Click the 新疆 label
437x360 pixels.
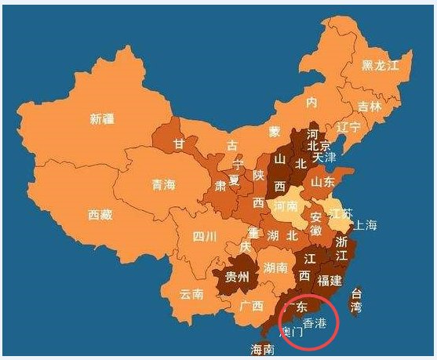102,119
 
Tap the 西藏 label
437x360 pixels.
100,214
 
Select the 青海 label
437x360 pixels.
163,185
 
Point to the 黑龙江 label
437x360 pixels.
387,65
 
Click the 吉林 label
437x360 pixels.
369,106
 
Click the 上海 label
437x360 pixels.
365,225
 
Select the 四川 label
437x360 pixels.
205,236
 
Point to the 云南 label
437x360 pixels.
191,295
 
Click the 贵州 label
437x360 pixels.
236,277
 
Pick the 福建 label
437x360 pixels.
330,280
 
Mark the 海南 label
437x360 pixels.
262,348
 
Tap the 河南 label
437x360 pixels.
285,205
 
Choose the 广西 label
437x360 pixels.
252,305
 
